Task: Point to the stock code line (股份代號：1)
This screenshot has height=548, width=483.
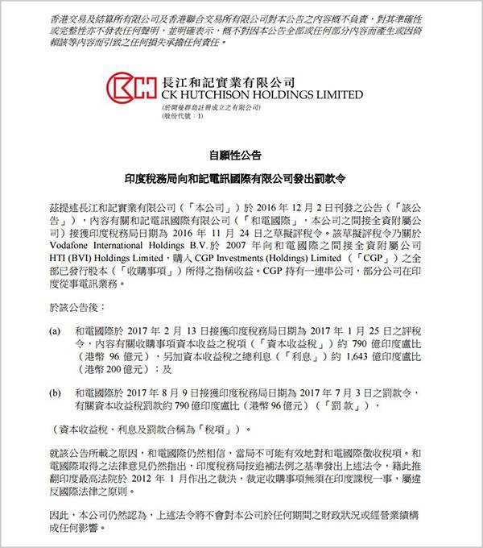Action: coord(184,118)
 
